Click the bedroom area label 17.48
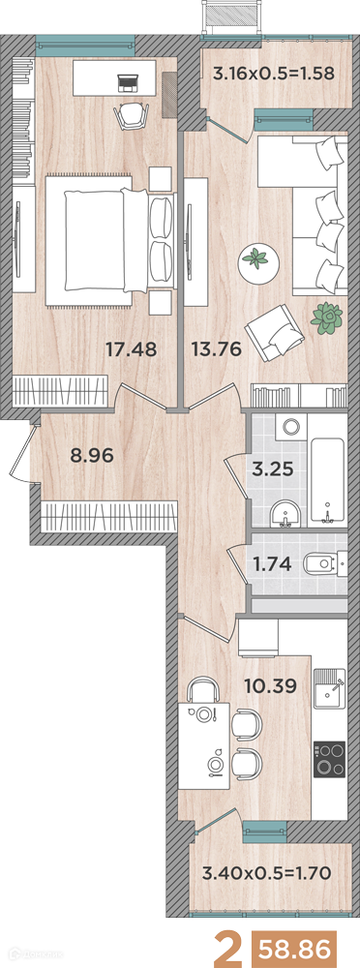[131, 350]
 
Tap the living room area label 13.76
[216, 350]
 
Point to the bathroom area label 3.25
[272, 468]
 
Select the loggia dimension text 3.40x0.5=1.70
[268, 873]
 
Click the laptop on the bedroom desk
[129, 81]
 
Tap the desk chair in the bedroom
[131, 115]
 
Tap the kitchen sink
[329, 689]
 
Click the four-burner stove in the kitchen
[330, 760]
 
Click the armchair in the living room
[275, 332]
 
